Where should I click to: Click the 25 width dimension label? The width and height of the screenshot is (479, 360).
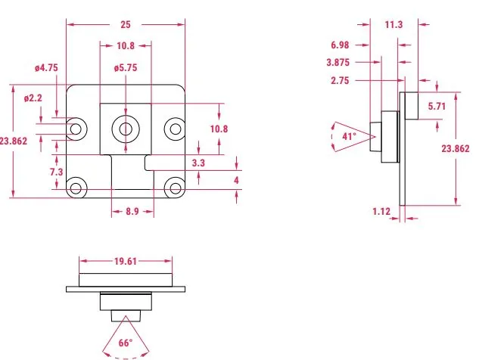(x=126, y=24)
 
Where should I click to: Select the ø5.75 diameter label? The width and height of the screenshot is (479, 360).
(x=126, y=68)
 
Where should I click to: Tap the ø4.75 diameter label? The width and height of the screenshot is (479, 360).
(x=46, y=68)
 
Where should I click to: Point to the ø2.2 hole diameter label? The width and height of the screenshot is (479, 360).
(x=33, y=98)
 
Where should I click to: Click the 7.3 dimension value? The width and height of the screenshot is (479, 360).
(x=57, y=172)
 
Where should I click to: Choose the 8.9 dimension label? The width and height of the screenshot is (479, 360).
(x=132, y=211)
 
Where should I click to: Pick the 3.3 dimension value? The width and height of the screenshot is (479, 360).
(x=198, y=163)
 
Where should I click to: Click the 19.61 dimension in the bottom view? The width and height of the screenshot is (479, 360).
(x=126, y=261)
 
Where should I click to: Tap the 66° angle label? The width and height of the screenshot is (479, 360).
(x=126, y=343)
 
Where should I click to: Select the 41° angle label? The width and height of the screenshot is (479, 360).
(x=349, y=136)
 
